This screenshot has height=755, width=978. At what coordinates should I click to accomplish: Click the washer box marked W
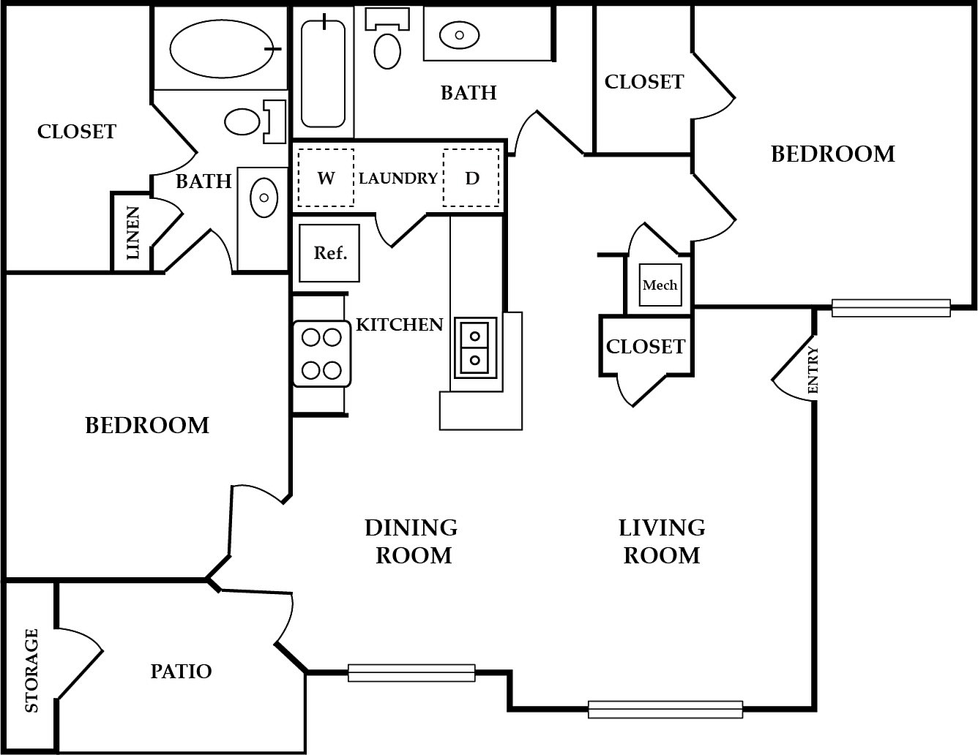[x=326, y=178]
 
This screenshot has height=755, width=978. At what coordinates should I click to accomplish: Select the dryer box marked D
[x=471, y=178]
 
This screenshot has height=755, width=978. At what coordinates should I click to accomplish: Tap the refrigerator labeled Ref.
[x=329, y=253]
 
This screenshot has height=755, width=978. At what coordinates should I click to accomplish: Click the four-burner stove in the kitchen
[x=322, y=353]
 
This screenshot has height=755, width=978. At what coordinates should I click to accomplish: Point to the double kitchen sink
[x=475, y=348]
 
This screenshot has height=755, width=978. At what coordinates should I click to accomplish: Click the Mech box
[x=660, y=285]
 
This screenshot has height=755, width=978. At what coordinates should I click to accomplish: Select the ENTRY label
[x=813, y=369]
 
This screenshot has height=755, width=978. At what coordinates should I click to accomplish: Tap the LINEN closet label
[x=132, y=233]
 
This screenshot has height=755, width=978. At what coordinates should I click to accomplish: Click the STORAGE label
[x=31, y=670]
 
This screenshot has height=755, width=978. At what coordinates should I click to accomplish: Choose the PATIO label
[x=181, y=672]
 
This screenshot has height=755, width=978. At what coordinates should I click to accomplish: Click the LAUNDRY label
[x=397, y=179]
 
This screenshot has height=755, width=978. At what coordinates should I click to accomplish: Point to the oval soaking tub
[x=221, y=48]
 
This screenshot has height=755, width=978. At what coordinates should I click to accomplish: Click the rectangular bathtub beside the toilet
[x=323, y=73]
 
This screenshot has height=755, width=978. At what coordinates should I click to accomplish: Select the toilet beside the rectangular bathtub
[x=387, y=40]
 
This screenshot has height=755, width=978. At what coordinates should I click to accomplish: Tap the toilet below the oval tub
[x=255, y=121]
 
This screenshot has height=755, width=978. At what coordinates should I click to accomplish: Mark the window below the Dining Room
[x=411, y=673]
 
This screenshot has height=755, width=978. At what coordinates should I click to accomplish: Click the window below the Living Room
[x=665, y=710]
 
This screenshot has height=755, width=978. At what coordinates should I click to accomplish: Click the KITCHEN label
[x=400, y=325]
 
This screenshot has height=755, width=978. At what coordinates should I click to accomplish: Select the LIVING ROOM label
[x=662, y=541]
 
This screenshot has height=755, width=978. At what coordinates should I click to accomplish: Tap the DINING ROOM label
[x=411, y=541]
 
